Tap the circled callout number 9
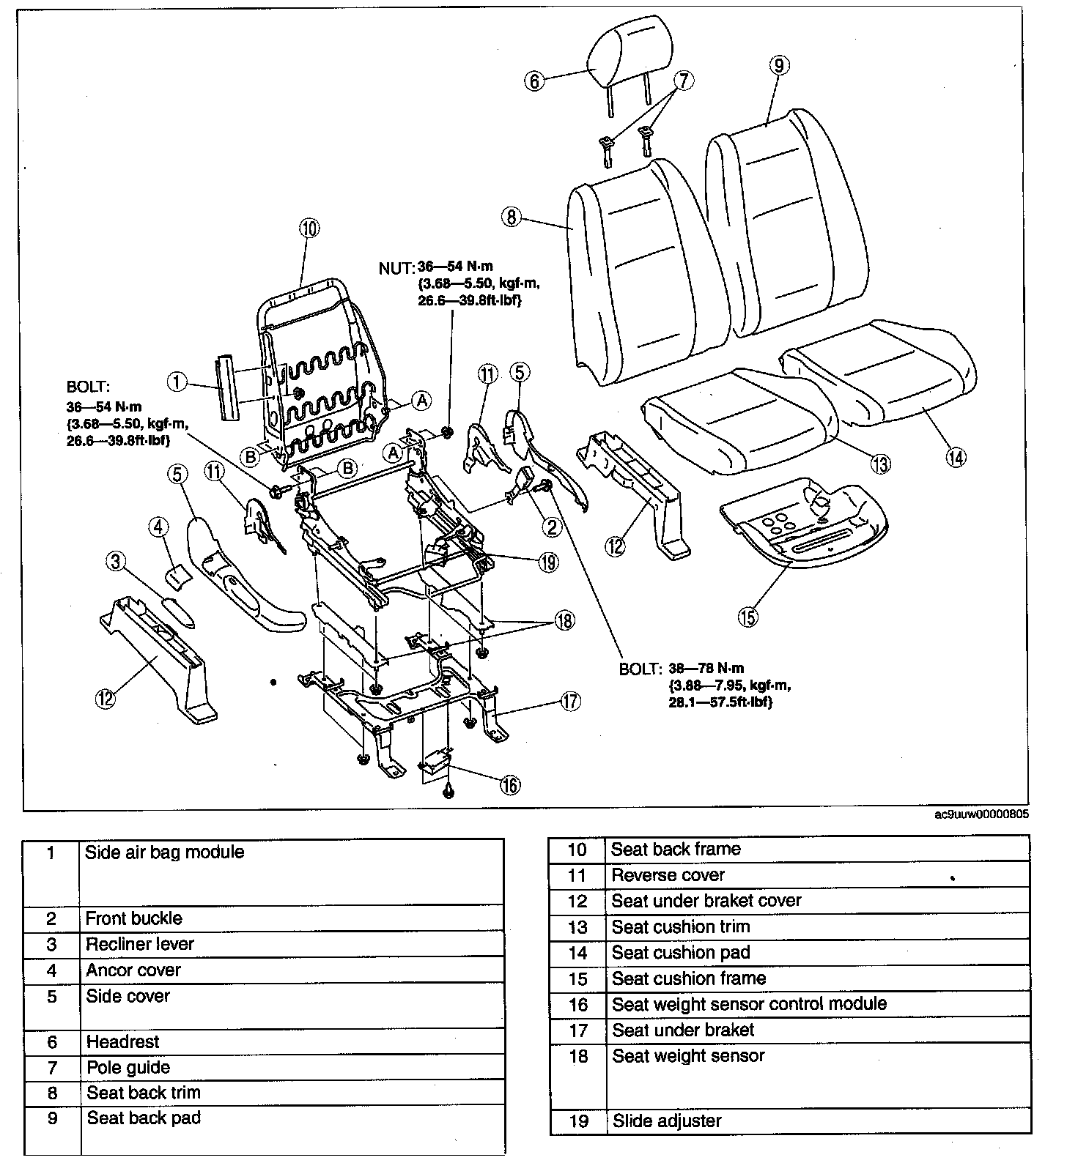coord(779,65)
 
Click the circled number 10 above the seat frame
coord(309,228)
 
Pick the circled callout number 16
coord(510,785)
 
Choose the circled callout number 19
coord(547,562)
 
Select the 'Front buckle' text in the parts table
coord(133,918)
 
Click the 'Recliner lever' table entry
coord(139,944)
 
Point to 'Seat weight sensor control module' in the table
coord(749,1004)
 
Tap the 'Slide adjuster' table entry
coord(667,1121)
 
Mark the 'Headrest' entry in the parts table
coord(122,1041)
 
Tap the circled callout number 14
coord(956,457)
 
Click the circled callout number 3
coord(115,562)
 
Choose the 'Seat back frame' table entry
coord(676,850)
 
